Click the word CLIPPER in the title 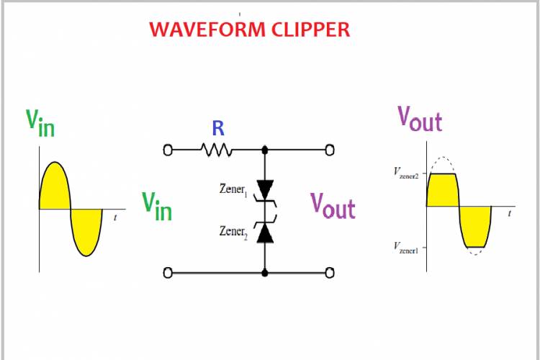tap(308, 30)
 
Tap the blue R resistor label tap(217, 129)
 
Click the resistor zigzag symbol tap(216, 150)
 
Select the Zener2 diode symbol tap(266, 231)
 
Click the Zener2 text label tap(234, 232)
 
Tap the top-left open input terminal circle tap(168, 150)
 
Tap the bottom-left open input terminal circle tap(168, 273)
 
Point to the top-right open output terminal tap(330, 150)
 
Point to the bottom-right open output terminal tap(330, 273)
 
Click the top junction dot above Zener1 tap(266, 150)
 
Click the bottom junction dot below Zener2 tap(266, 273)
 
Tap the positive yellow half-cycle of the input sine tap(54, 189)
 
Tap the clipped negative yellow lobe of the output tap(475, 225)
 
